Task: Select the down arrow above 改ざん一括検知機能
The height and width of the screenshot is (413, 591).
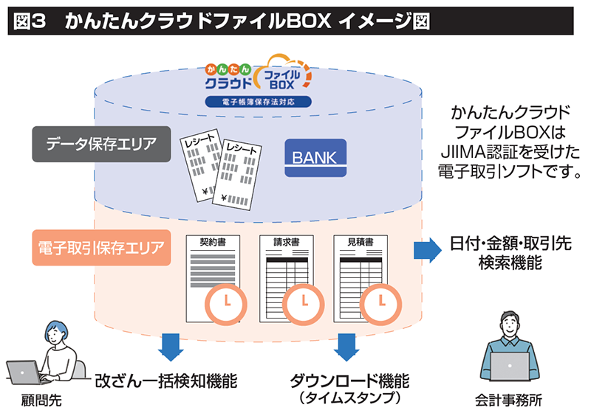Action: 171,344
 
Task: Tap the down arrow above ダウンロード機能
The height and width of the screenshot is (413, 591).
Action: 346,344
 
